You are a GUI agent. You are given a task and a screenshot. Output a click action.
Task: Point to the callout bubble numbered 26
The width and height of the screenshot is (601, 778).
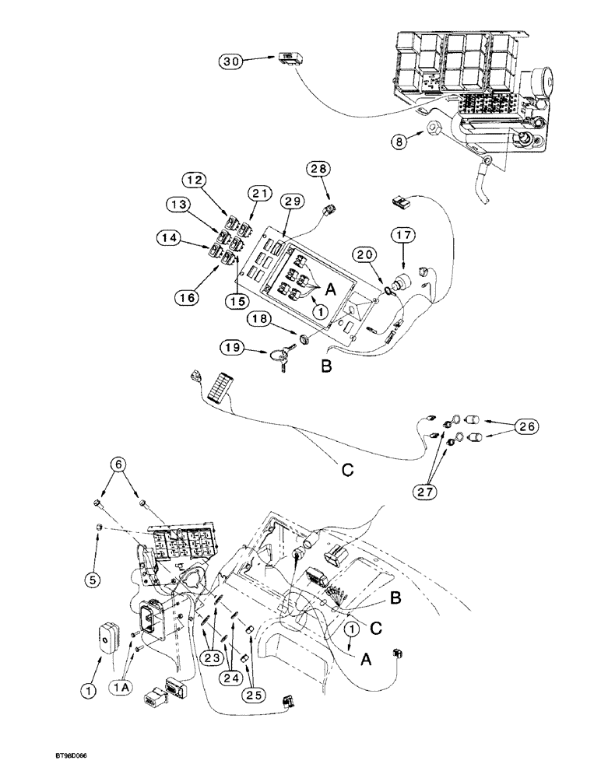(x=525, y=426)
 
